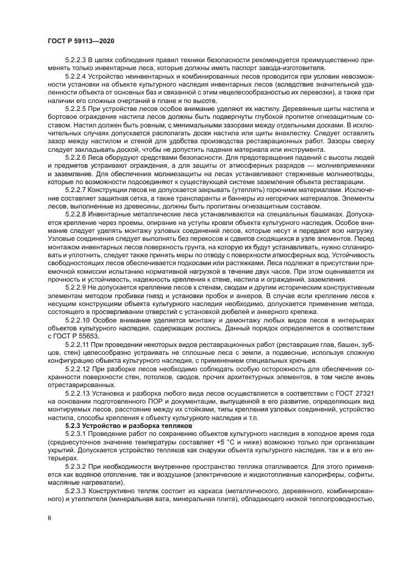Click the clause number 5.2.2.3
77,62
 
